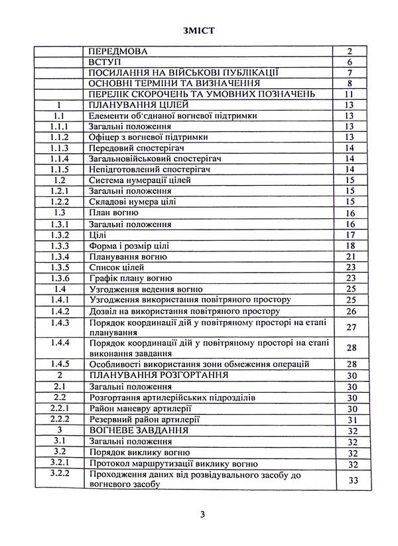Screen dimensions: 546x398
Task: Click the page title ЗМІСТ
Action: [199, 29]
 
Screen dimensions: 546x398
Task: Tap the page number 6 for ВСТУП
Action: [352, 62]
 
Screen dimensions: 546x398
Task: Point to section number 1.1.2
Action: [60, 137]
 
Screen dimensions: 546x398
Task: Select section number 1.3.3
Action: [60, 245]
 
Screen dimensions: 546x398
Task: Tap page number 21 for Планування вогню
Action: [352, 257]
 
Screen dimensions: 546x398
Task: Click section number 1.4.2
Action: [60, 310]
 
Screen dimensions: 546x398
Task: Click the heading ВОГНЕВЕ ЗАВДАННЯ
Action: [136, 429]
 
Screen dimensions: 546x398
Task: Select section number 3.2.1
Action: [60, 462]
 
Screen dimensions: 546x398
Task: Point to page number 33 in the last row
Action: [352, 479]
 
